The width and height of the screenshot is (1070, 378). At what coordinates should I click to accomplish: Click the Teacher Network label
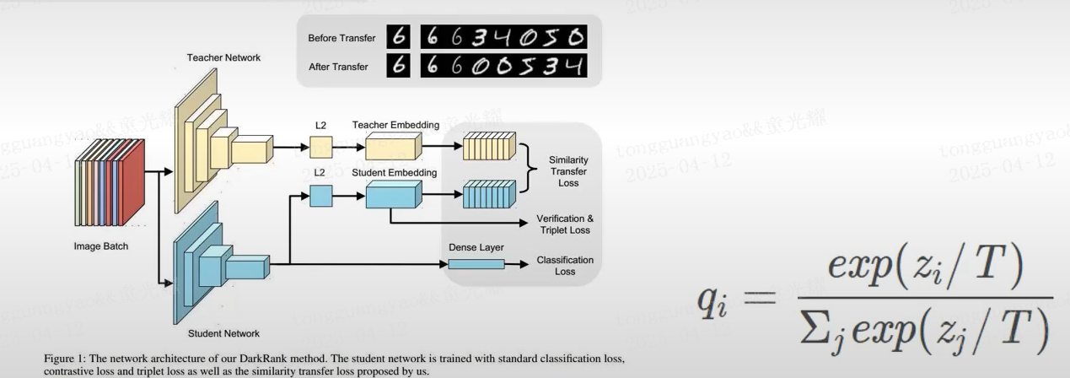[x=223, y=57]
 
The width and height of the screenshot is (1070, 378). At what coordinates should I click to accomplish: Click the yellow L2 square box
[x=321, y=148]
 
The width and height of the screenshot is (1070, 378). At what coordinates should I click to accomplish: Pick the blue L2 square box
[x=321, y=197]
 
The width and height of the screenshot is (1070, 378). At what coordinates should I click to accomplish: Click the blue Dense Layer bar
[x=476, y=264]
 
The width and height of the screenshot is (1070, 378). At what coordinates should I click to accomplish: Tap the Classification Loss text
[x=565, y=266]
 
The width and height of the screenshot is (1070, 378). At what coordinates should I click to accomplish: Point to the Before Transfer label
[x=339, y=38]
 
